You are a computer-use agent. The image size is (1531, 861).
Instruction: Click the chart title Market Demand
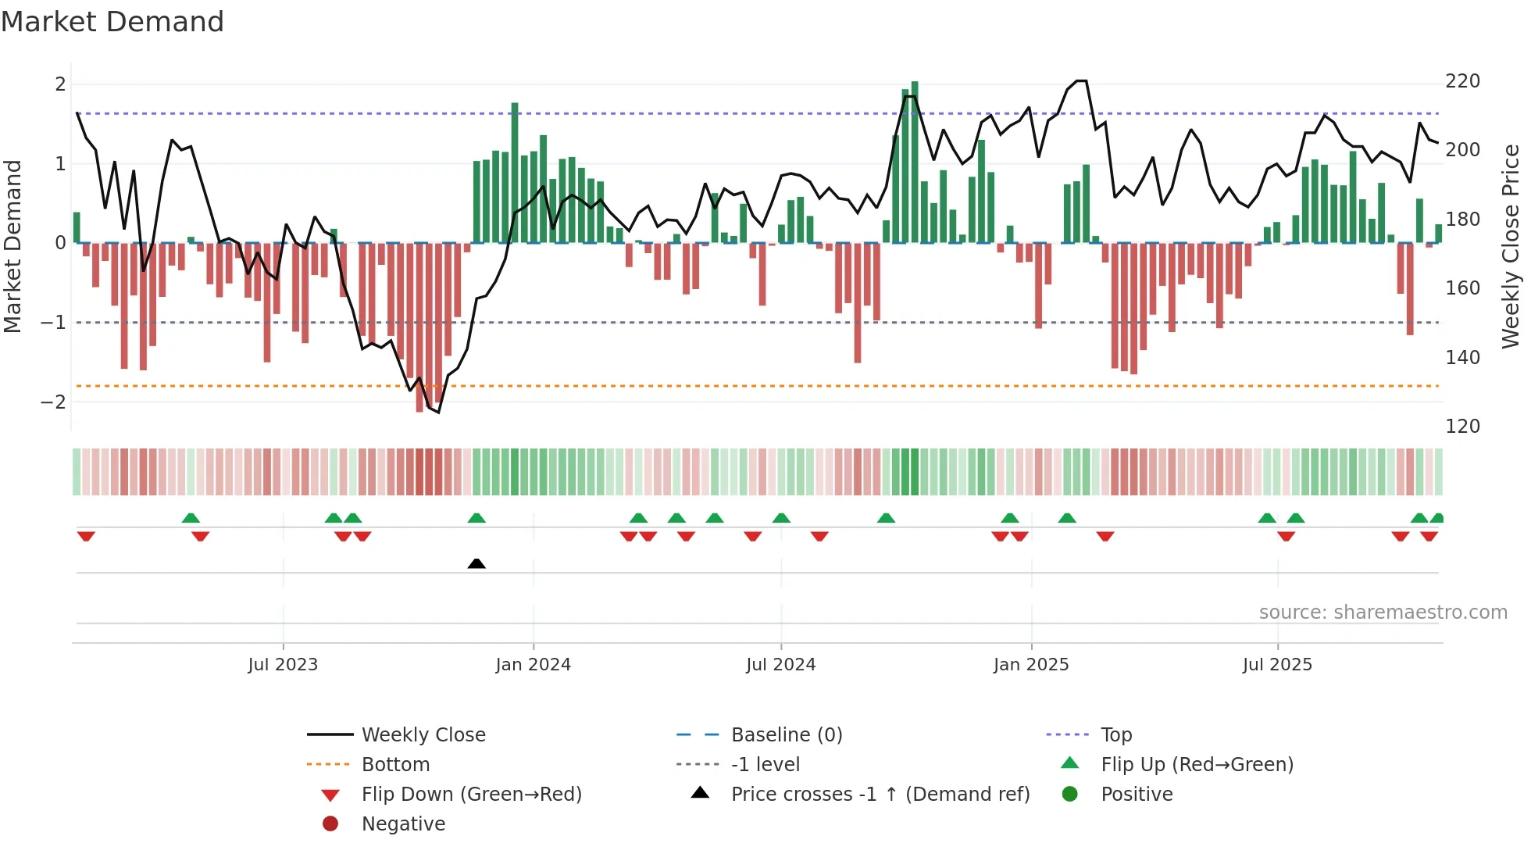(112, 22)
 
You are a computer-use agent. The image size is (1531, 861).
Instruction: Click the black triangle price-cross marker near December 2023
(476, 563)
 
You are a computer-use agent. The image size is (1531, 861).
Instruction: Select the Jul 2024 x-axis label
(780, 665)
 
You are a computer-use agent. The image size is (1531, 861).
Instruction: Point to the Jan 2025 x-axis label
(1031, 665)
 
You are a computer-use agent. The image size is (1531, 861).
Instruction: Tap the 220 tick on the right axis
(1462, 81)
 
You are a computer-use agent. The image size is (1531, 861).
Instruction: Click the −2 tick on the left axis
(54, 402)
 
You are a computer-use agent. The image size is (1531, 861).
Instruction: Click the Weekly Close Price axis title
(1511, 246)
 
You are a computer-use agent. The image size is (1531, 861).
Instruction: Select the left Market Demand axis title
(12, 246)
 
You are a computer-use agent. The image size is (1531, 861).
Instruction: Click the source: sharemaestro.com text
(1383, 613)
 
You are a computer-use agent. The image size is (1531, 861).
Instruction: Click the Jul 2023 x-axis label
(283, 665)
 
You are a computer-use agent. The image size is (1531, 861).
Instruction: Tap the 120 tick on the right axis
(1462, 427)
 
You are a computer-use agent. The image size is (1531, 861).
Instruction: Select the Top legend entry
(1115, 735)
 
